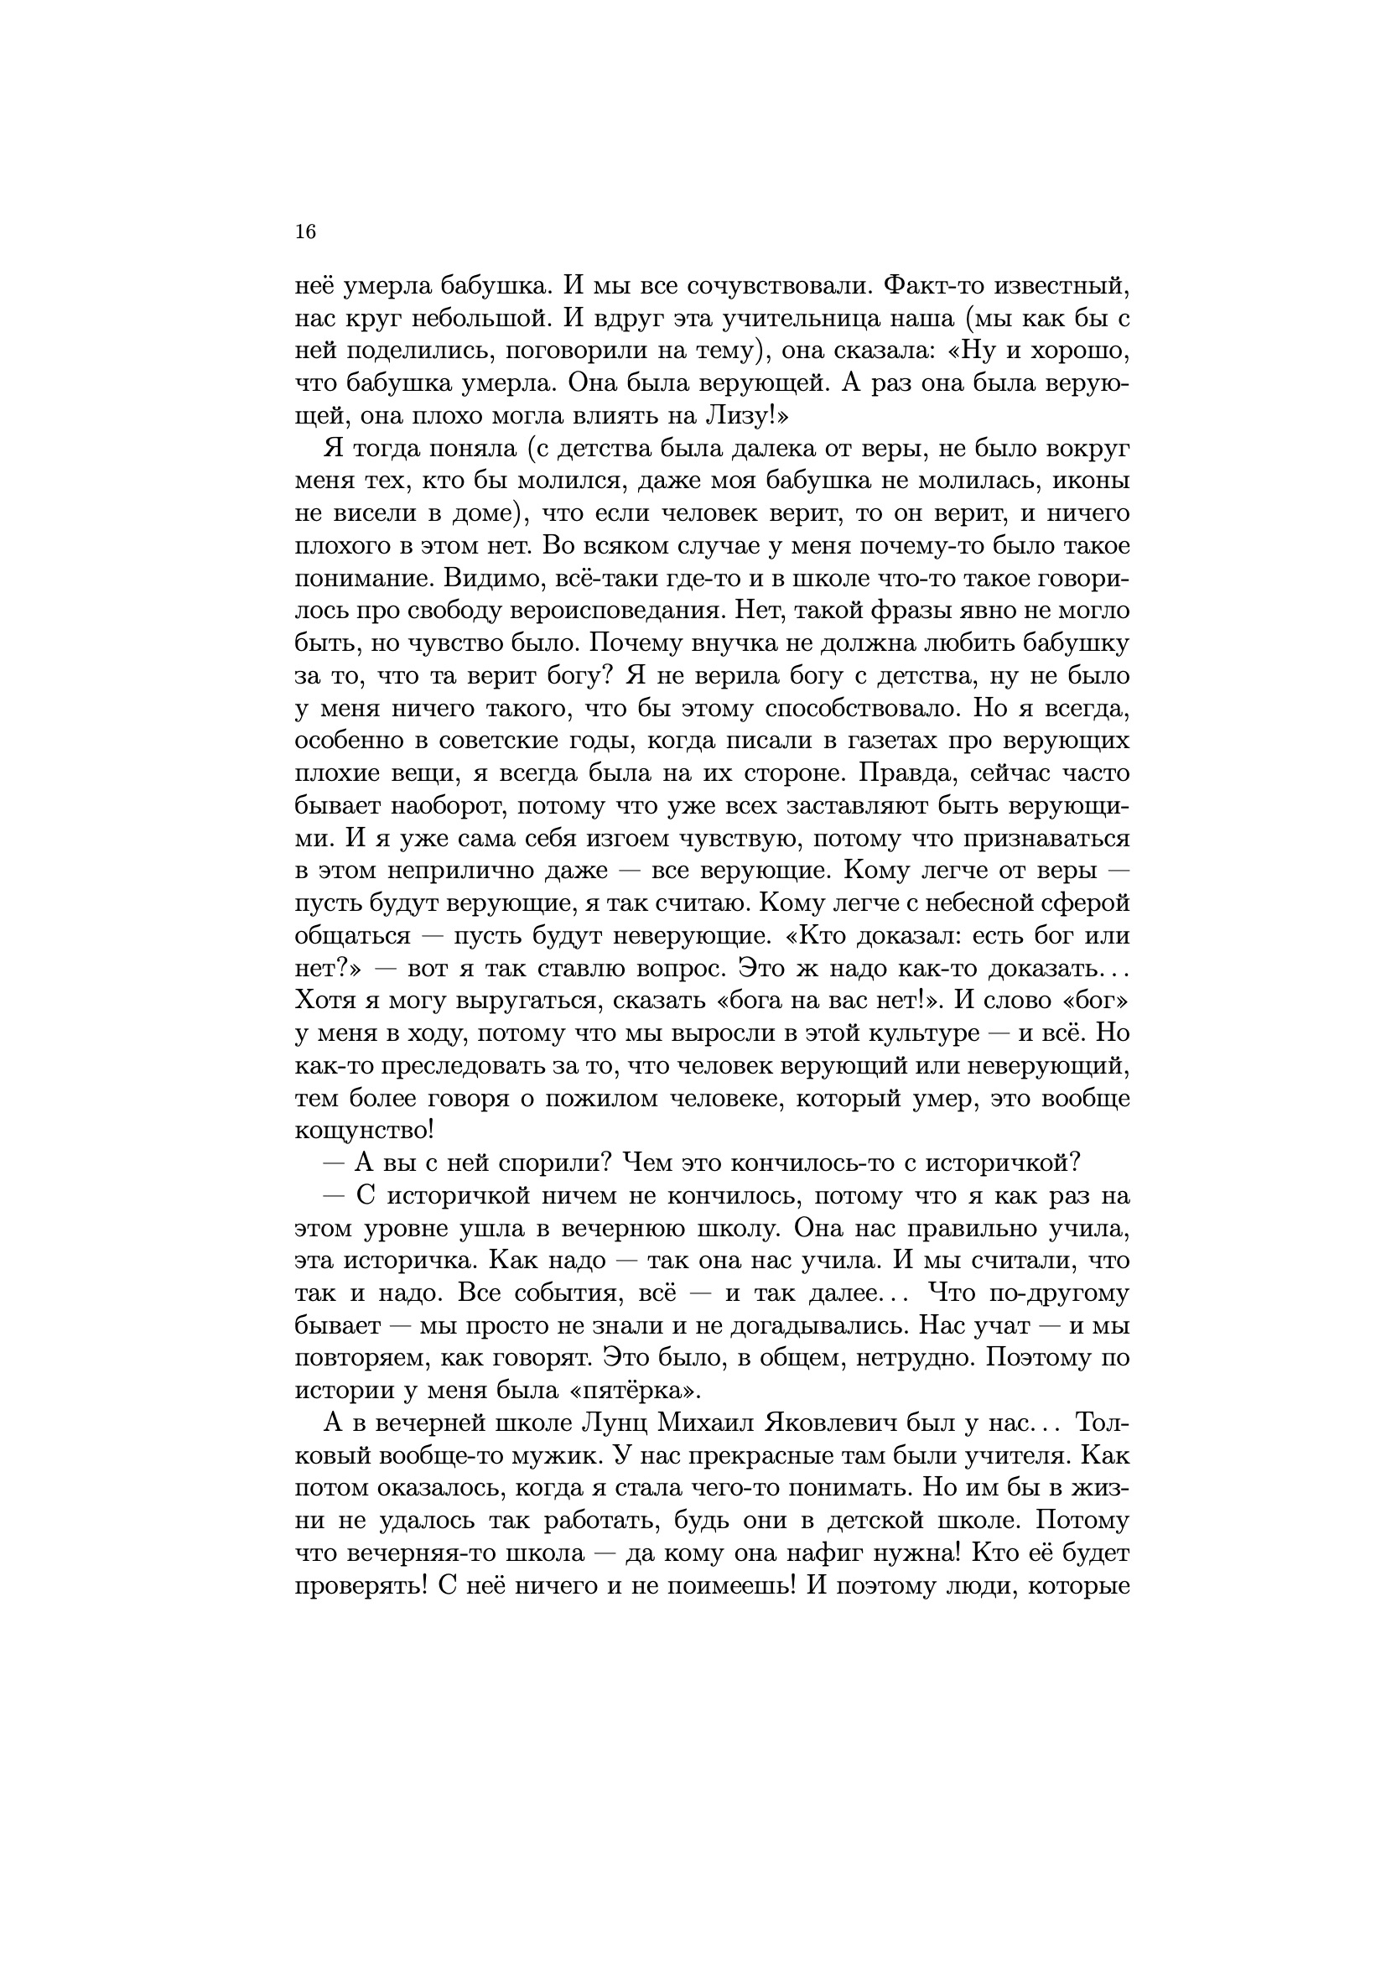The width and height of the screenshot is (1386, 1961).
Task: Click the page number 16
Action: (x=305, y=231)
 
